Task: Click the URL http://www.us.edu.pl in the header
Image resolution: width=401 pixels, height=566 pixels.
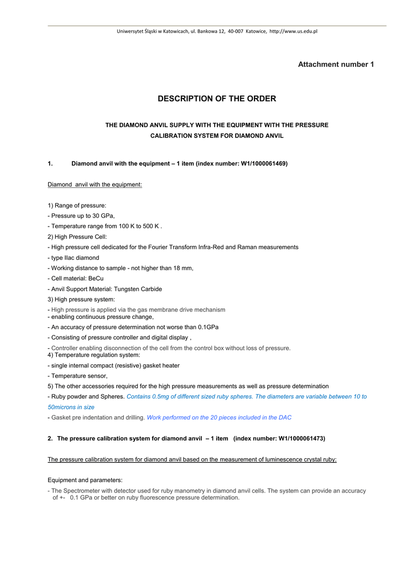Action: tap(293, 32)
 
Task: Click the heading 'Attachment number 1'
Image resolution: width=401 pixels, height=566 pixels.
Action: tap(336, 65)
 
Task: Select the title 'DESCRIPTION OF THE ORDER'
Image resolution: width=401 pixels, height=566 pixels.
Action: tap(217, 99)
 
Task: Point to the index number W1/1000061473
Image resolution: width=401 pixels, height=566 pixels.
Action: tap(301, 438)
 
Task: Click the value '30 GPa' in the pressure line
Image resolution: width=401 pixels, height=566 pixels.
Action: tap(103, 216)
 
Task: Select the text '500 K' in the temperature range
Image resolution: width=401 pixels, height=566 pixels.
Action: tap(150, 227)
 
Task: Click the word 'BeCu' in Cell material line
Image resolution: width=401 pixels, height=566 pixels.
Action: tap(96, 279)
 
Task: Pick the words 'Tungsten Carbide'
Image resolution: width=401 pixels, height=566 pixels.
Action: tap(138, 289)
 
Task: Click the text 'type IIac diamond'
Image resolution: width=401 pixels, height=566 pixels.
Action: tap(75, 258)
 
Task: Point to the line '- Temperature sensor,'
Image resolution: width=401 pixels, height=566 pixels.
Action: tap(78, 376)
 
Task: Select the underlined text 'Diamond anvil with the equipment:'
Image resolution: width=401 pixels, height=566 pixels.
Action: tap(95, 185)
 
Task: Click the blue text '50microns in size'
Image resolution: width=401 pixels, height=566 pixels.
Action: tap(71, 407)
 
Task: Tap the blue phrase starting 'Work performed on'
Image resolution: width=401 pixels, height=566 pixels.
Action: tap(218, 418)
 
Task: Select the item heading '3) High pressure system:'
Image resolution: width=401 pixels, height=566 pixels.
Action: tap(81, 300)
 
